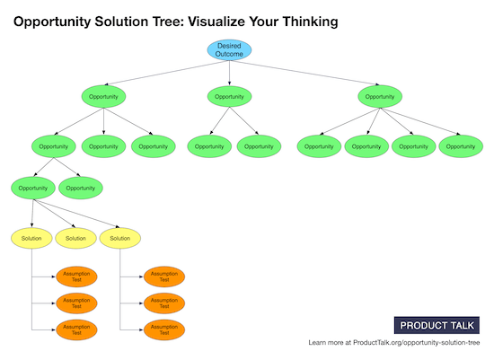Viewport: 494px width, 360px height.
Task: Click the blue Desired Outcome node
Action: click(x=229, y=49)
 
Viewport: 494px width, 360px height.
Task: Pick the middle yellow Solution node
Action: click(x=76, y=238)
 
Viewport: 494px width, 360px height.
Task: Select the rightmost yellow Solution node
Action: click(x=121, y=238)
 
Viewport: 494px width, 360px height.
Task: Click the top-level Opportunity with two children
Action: click(x=229, y=95)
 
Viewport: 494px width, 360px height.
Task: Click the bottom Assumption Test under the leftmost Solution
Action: click(x=76, y=329)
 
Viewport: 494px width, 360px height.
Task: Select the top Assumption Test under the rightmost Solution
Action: click(x=163, y=276)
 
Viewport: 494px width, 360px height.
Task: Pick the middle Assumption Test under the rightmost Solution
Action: click(x=163, y=303)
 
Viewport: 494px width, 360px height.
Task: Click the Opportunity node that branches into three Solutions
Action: click(x=33, y=189)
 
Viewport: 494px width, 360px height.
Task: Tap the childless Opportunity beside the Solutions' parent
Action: click(x=81, y=189)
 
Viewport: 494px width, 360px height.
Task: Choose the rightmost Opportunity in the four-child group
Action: click(x=461, y=145)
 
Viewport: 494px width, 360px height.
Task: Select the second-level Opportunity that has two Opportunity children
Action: click(x=54, y=145)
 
